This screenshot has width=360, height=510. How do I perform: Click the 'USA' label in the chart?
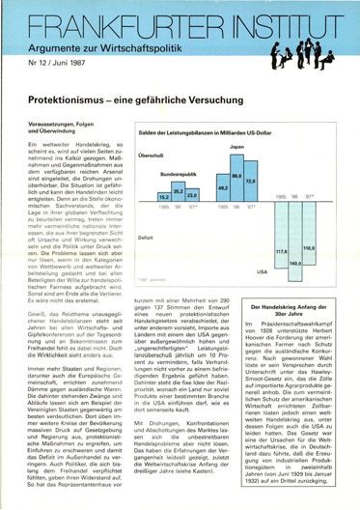(262, 271)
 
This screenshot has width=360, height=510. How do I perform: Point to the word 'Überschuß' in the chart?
(150, 155)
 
